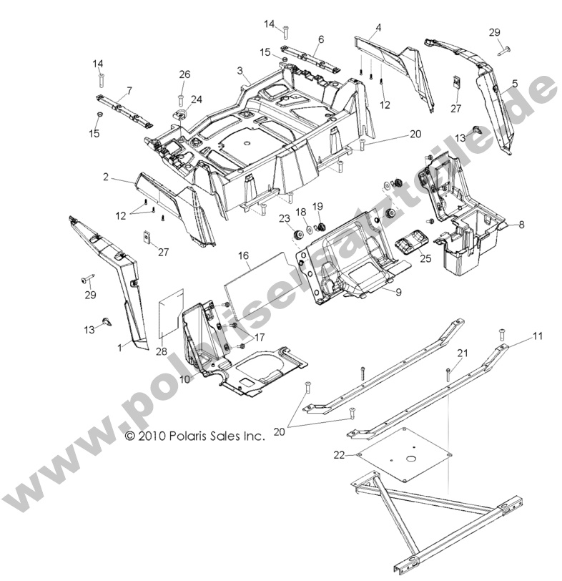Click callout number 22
click(x=340, y=454)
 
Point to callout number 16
click(x=243, y=255)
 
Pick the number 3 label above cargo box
click(x=241, y=72)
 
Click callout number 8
click(x=521, y=225)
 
